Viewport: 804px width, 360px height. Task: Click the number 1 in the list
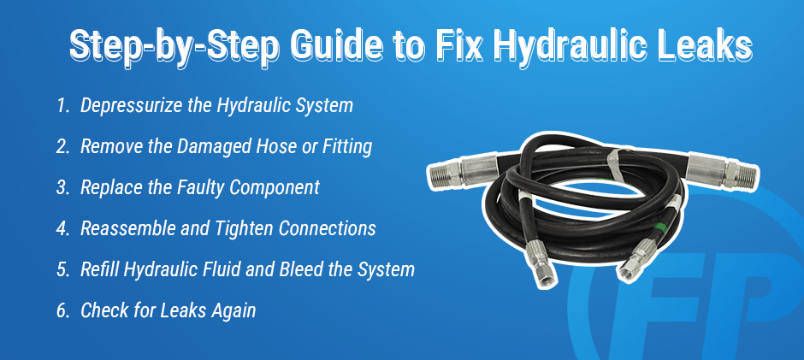pos(62,106)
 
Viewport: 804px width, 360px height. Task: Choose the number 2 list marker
pos(62,147)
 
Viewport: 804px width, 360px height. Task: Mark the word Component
pos(275,188)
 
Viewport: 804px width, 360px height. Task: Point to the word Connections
pos(327,228)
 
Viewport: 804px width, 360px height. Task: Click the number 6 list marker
pos(62,310)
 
